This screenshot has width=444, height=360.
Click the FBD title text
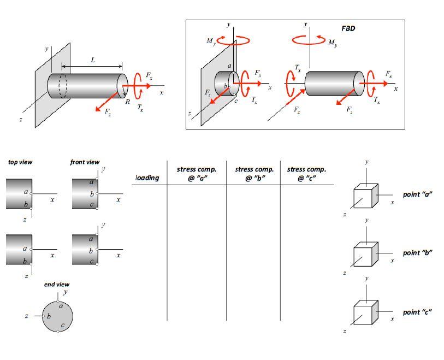coord(348,28)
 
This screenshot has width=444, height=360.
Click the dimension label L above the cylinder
coord(92,60)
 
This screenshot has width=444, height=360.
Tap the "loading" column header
coord(147,178)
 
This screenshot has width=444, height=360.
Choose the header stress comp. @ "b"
coord(253,174)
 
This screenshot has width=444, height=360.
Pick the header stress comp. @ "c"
coord(306,174)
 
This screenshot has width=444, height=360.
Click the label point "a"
coord(417,194)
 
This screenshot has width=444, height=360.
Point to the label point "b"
coord(417,253)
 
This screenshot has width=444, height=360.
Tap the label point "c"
coord(417,312)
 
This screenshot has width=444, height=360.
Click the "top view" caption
coord(20,162)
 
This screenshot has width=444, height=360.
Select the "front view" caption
coord(85,162)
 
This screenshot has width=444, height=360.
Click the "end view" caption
coord(57,285)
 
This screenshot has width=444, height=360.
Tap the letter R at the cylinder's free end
coord(127,102)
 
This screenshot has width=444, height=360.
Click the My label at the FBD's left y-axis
coord(210,41)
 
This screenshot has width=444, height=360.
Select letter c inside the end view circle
coord(63,326)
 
